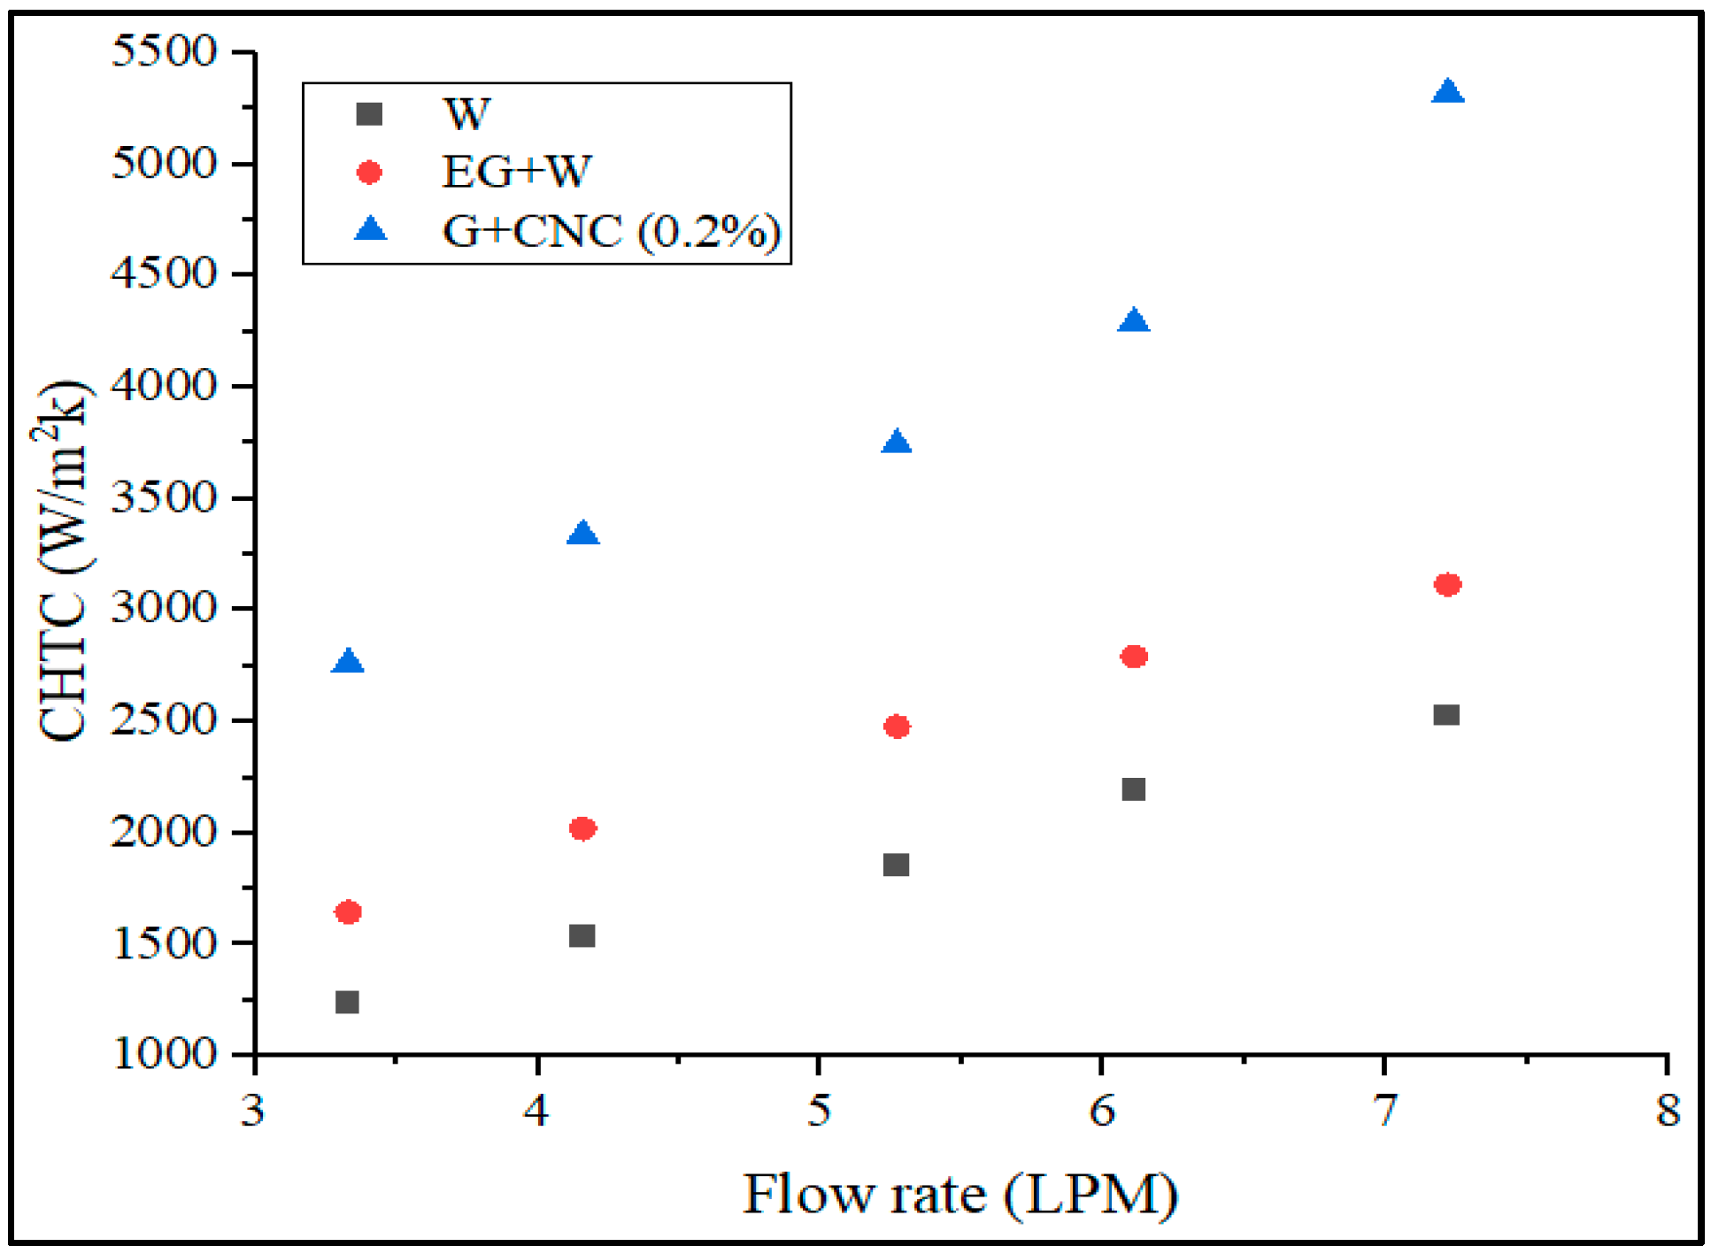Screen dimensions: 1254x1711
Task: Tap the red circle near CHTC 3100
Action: pyautogui.click(x=1446, y=584)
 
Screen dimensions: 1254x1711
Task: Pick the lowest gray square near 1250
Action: pyautogui.click(x=347, y=1002)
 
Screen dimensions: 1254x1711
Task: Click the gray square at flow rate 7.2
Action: pyautogui.click(x=1445, y=714)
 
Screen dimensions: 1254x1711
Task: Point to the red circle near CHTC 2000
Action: pyautogui.click(x=582, y=828)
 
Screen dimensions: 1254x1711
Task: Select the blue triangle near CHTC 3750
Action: pyautogui.click(x=897, y=442)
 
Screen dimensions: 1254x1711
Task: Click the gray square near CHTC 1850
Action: pyautogui.click(x=896, y=865)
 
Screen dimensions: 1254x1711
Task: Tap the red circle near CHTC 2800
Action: pyautogui.click(x=1133, y=656)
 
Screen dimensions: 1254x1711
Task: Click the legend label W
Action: pyautogui.click(x=466, y=114)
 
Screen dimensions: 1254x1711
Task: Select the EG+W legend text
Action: pyautogui.click(x=516, y=172)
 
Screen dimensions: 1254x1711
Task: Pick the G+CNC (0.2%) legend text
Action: pyautogui.click(x=611, y=231)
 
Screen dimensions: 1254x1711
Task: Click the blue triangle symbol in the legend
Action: pyautogui.click(x=370, y=230)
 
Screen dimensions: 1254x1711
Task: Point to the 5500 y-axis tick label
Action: pyautogui.click(x=164, y=51)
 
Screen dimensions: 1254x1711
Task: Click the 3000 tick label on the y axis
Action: pyautogui.click(x=164, y=608)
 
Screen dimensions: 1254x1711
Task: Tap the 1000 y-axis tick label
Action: pyautogui.click(x=164, y=1054)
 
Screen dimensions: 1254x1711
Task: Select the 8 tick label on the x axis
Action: pyautogui.click(x=1668, y=1110)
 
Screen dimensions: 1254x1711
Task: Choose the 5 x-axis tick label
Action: pyautogui.click(x=819, y=1110)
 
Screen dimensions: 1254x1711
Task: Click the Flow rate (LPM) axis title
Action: pyautogui.click(x=960, y=1195)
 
